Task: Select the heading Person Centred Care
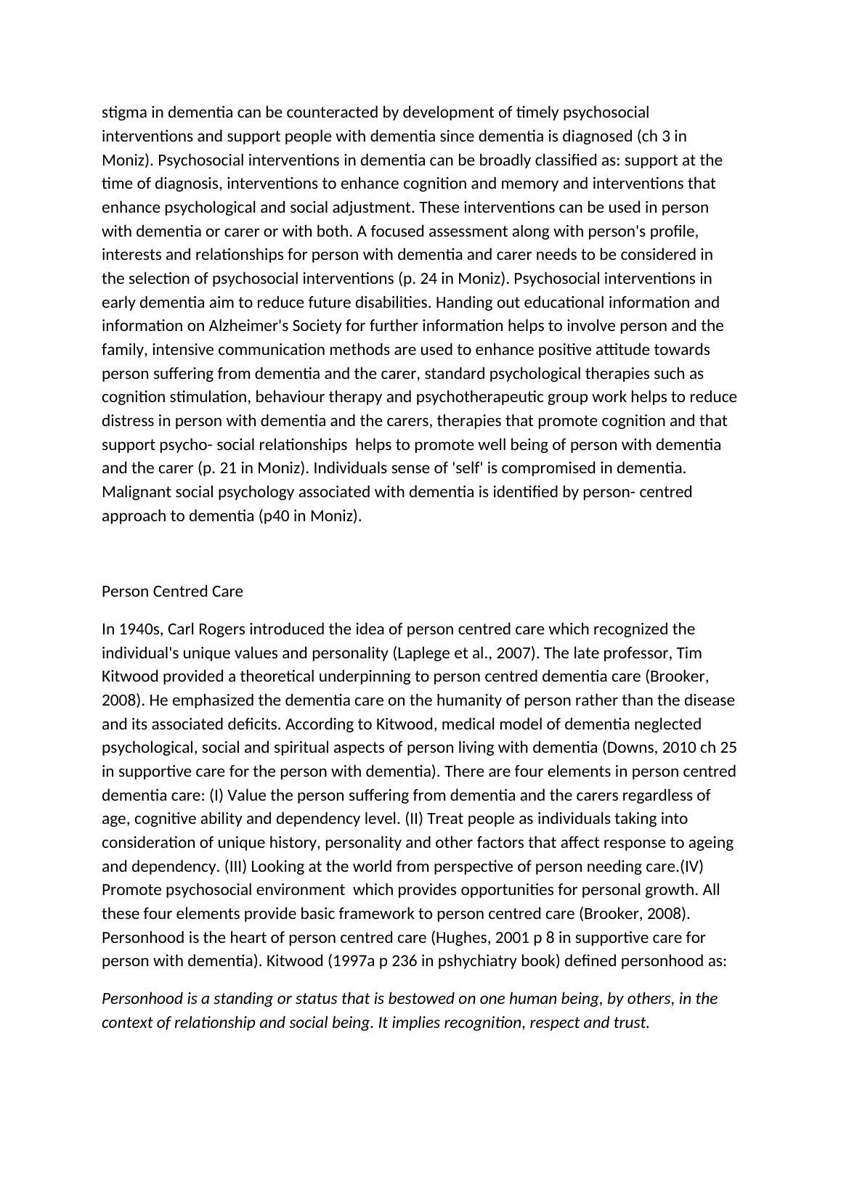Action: pos(172,592)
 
